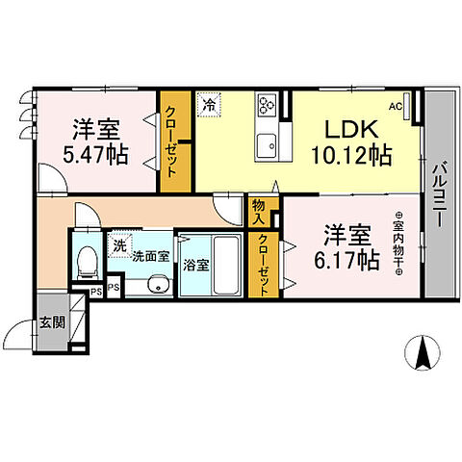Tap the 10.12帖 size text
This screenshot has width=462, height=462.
click(351, 154)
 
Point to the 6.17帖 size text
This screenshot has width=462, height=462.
click(346, 260)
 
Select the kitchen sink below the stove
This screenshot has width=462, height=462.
click(266, 145)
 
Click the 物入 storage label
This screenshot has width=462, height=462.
click(259, 212)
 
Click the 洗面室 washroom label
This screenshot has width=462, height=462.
click(150, 257)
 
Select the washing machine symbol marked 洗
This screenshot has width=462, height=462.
click(120, 245)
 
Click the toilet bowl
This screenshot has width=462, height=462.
click(86, 260)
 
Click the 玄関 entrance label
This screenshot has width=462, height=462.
click(52, 322)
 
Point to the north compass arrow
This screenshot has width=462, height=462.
click(421, 353)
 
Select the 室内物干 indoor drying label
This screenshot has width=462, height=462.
click(398, 245)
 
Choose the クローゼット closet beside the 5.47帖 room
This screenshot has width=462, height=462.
click(175, 142)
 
